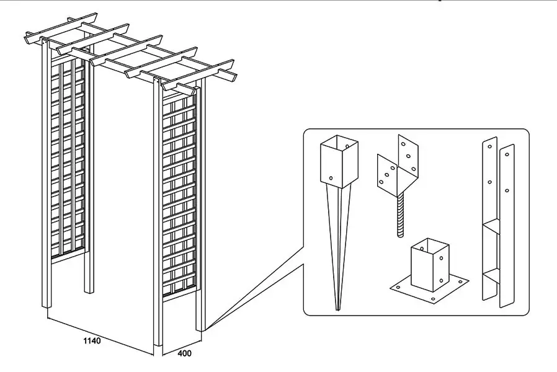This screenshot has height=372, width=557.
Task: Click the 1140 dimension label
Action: pyautogui.click(x=91, y=340)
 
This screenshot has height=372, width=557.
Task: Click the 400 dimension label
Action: pyautogui.click(x=184, y=354)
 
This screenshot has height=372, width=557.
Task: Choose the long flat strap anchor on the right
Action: pyautogui.click(x=499, y=223)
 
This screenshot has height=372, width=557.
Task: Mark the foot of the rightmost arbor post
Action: pyautogui.click(x=200, y=326)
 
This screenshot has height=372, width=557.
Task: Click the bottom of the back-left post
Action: pyautogui.click(x=89, y=288)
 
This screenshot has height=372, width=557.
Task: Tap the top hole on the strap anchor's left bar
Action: pyautogui.click(x=490, y=147)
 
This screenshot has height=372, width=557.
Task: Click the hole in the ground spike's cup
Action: pyautogui.click(x=331, y=177)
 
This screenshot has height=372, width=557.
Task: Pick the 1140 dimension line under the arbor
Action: pyautogui.click(x=99, y=332)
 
